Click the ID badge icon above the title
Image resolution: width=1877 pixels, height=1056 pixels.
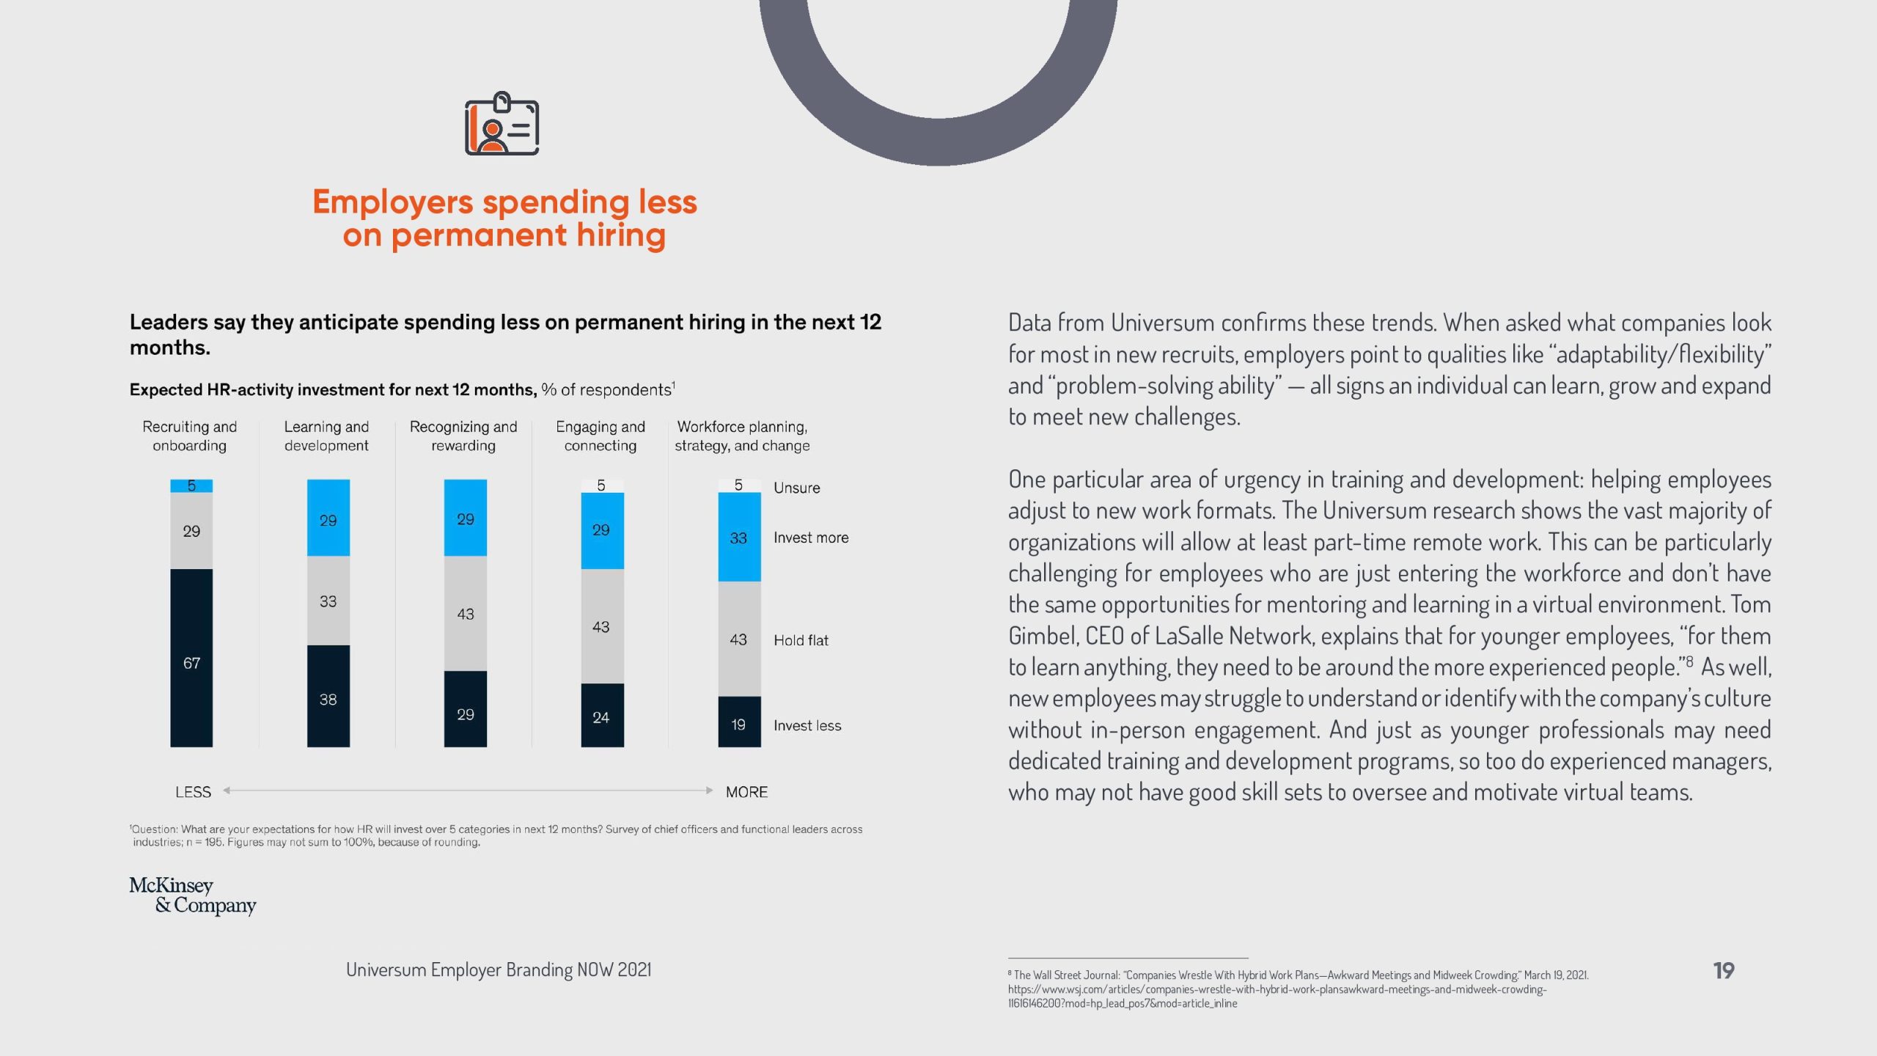tap(502, 124)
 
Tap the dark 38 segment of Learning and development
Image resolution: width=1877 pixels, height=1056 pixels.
tap(328, 696)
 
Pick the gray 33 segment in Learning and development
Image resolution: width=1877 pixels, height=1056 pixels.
tap(328, 601)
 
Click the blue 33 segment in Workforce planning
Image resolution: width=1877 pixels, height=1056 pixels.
tap(738, 537)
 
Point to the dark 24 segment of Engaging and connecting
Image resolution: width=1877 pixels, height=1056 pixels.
tap(601, 716)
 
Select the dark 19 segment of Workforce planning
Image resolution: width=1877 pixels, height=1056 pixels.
tap(738, 722)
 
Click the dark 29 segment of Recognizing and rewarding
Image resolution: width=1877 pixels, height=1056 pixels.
tap(465, 709)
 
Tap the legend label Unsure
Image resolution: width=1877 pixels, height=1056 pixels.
tap(796, 488)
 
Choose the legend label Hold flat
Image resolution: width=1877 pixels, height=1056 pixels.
tap(801, 640)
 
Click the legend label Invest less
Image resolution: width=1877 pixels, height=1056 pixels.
tap(807, 725)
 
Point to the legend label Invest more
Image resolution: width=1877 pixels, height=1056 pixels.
tap(811, 538)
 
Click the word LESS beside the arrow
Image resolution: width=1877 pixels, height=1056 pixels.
tap(193, 792)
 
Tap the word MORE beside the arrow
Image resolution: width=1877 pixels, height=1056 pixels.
tap(746, 792)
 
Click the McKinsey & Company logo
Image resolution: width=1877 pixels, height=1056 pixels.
tap(193, 895)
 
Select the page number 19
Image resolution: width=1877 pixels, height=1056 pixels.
tap(1723, 970)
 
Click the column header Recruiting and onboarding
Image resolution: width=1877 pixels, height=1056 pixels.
tap(189, 436)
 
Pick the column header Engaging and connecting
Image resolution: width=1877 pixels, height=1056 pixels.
tap(600, 436)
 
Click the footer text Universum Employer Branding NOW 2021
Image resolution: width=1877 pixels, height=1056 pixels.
tap(499, 969)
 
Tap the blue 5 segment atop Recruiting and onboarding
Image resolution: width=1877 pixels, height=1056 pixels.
tap(191, 485)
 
